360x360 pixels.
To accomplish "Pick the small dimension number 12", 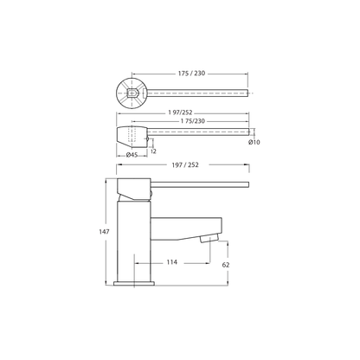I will click(153, 151).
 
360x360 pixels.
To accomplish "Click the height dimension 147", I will click(101, 232).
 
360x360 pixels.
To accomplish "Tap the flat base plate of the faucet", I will click(133, 278).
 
